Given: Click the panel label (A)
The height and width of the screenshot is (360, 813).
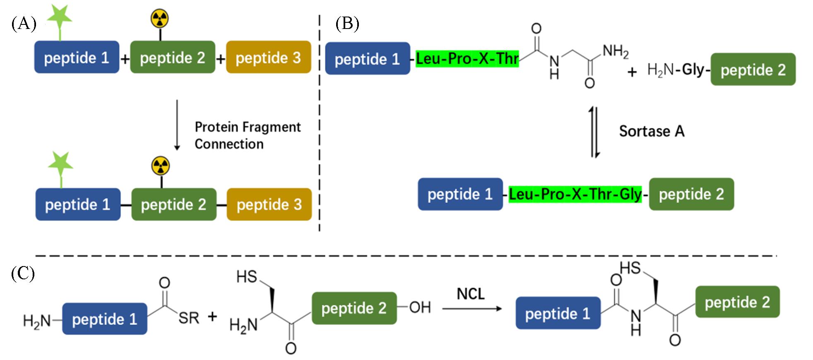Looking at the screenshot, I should pyautogui.click(x=24, y=24).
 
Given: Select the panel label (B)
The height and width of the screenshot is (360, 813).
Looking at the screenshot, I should pyautogui.click(x=347, y=24).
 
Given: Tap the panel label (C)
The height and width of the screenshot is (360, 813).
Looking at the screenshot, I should pyautogui.click(x=23, y=274).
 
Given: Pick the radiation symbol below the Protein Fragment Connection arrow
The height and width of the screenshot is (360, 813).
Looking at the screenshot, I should pyautogui.click(x=161, y=166).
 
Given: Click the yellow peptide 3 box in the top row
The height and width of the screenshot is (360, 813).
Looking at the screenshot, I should pyautogui.click(x=268, y=58).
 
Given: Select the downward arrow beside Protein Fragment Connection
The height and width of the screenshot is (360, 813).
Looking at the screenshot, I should pyautogui.click(x=177, y=125).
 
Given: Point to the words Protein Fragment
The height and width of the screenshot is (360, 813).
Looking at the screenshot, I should pyautogui.click(x=248, y=127).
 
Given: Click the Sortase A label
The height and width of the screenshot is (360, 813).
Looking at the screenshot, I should pyautogui.click(x=652, y=131).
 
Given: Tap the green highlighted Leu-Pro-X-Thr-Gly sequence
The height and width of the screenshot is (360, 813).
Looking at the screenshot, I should pyautogui.click(x=575, y=194).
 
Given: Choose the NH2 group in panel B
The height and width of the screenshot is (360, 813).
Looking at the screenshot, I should pyautogui.click(x=615, y=52).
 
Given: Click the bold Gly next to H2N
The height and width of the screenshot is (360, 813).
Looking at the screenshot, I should pyautogui.click(x=693, y=70).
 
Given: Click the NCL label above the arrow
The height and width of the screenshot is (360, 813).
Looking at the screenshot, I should pyautogui.click(x=471, y=294).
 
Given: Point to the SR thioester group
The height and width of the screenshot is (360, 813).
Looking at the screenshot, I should pyautogui.click(x=189, y=318).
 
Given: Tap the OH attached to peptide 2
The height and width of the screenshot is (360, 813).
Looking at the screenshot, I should pyautogui.click(x=420, y=307).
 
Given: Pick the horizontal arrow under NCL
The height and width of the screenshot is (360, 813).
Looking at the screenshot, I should pyautogui.click(x=472, y=309).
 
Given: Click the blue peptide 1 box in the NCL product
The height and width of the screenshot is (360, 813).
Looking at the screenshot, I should pyautogui.click(x=558, y=313).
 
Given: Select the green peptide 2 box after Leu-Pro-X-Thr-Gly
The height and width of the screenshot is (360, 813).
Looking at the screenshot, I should pyautogui.click(x=691, y=194).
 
